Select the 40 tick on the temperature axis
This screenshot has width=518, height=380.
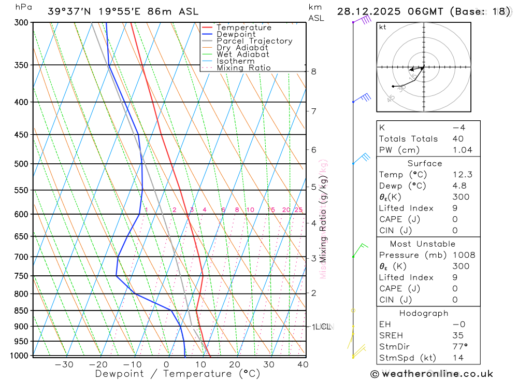point(303,364)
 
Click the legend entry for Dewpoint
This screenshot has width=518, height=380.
point(236,35)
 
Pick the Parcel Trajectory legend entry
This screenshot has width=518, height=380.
point(254,41)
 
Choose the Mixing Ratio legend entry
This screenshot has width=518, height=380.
point(243,68)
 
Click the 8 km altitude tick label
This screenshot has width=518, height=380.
point(314,72)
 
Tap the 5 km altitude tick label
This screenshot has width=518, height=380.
point(314,187)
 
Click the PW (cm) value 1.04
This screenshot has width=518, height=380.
point(462,150)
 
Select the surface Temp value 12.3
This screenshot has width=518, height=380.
point(462,175)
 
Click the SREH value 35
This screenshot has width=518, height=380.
point(457,335)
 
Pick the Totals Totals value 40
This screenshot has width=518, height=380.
point(457,139)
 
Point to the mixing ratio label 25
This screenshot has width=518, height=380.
point(298,210)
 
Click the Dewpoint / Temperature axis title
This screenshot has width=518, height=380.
point(178,374)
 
